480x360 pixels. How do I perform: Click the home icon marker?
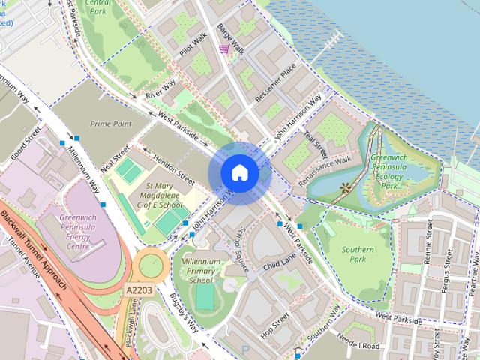coord(239,173)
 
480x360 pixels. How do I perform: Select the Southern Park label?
coord(362,254)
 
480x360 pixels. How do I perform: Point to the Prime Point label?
coord(110,124)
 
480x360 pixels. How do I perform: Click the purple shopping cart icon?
coord(224,49)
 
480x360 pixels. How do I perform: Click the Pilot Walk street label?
coord(193,46)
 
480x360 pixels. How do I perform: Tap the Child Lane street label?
coord(280,261)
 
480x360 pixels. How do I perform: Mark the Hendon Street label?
coord(174,172)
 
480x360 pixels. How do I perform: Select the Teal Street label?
coord(316,141)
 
